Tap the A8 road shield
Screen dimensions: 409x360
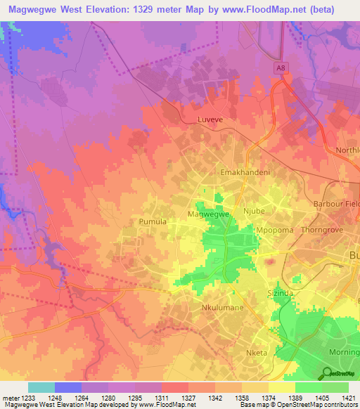[x=281, y=67]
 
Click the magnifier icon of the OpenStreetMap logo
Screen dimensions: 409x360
[x=328, y=373]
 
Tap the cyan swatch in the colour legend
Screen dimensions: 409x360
[x=41, y=387]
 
